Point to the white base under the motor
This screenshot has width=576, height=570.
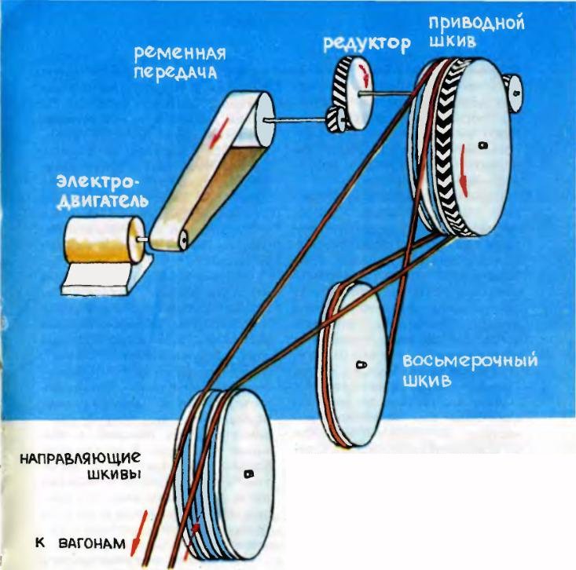click(98, 278)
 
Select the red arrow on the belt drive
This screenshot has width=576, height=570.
click(215, 134)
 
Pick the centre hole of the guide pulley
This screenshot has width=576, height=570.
click(248, 473)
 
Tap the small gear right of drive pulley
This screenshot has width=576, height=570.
click(515, 90)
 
